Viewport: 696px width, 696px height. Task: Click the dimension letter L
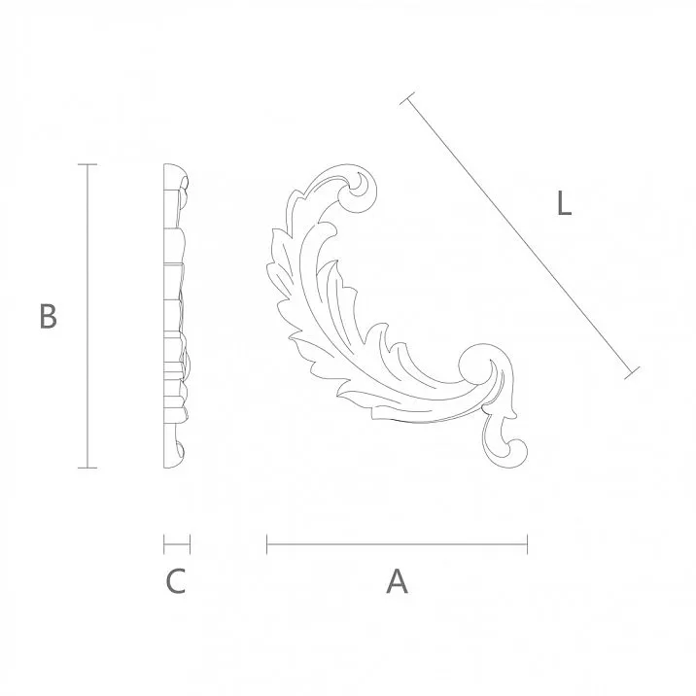pos(563,204)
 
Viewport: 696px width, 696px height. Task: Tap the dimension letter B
pos(48,317)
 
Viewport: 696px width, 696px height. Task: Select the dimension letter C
pos(175,581)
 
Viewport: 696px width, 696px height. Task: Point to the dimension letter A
pos(397,581)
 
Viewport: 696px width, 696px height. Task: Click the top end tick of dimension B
pos(88,165)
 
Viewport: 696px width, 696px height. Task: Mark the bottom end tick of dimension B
pos(88,468)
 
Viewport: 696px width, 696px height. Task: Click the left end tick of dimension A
pos(267,543)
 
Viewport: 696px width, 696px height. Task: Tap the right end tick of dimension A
pos(527,543)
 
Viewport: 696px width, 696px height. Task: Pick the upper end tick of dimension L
pos(408,97)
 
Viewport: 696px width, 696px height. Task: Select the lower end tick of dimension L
pos(635,372)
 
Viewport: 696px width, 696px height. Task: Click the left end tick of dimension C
pos(164,543)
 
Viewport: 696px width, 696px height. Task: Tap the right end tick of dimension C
pos(190,543)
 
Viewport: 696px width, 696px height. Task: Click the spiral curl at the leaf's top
pos(359,189)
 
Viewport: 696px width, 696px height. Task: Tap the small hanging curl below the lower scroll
pos(510,448)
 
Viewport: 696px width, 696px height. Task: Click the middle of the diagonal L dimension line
pos(522,235)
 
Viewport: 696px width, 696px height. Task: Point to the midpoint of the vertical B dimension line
pos(88,317)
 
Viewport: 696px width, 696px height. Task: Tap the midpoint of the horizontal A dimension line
pos(397,543)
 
